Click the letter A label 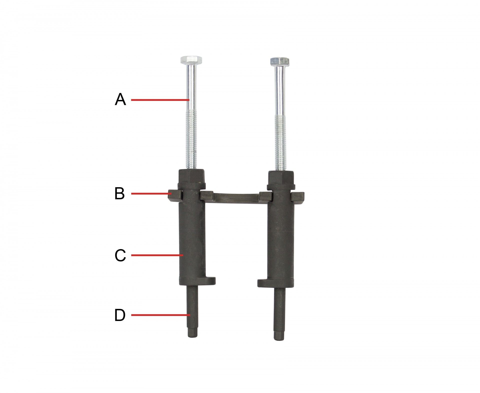120,99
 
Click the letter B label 119,194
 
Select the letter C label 120,256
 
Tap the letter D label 120,315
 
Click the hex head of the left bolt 191,60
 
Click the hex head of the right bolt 280,61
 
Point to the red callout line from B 150,194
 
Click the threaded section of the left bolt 191,140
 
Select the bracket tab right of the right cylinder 298,197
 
